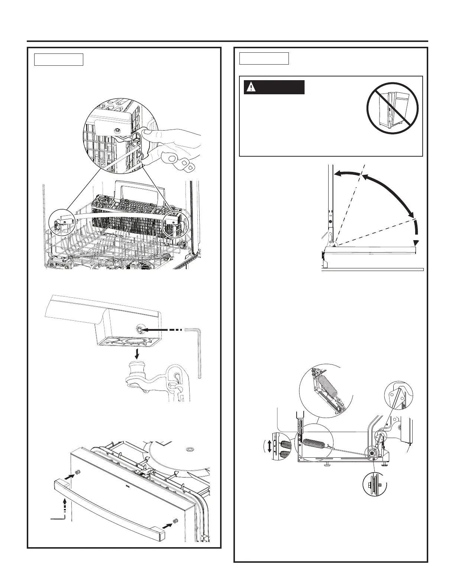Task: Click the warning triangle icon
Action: [252, 87]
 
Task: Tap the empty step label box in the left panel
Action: [58, 59]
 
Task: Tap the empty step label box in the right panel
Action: [264, 59]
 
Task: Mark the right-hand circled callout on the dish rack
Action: [175, 222]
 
